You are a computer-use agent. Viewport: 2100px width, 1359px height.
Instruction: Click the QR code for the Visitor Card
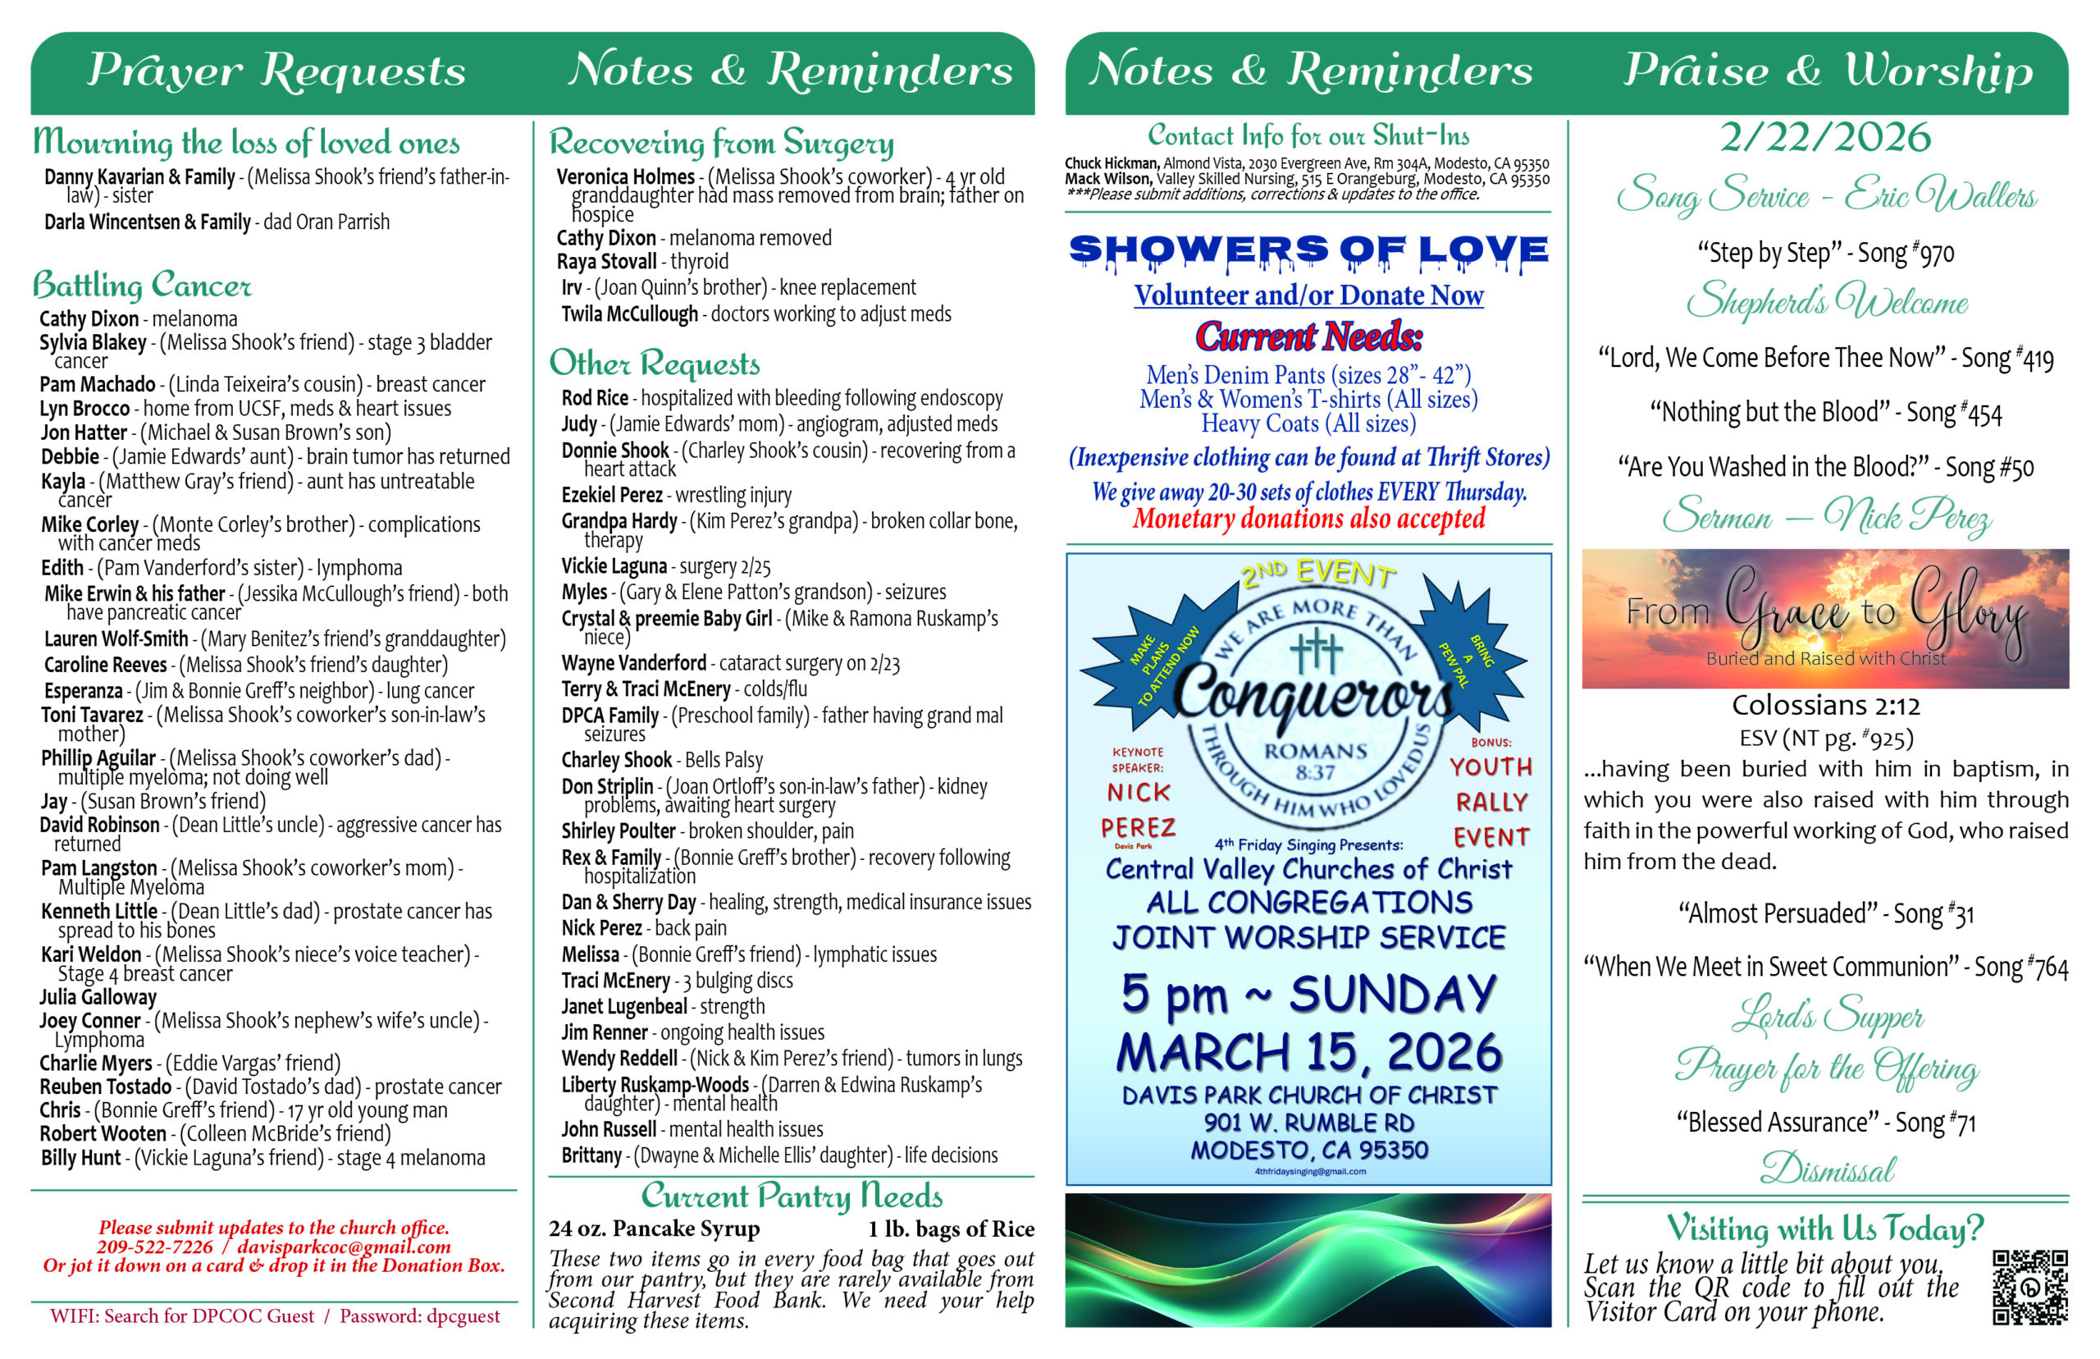pyautogui.click(x=2029, y=1287)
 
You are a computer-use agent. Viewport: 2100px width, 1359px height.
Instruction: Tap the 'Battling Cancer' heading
pyautogui.click(x=142, y=285)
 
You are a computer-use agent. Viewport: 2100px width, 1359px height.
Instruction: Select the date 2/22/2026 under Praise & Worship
pyautogui.click(x=1825, y=138)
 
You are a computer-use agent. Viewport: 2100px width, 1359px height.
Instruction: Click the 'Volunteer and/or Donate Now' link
pyautogui.click(x=1308, y=295)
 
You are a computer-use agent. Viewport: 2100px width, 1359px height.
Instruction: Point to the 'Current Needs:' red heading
pyautogui.click(x=1308, y=336)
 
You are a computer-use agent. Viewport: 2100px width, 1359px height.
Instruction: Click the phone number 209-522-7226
pyautogui.click(x=154, y=1246)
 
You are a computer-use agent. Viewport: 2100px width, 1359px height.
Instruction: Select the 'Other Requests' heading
pyautogui.click(x=654, y=363)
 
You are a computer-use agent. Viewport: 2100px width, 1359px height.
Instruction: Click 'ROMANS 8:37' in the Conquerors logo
pyautogui.click(x=1314, y=762)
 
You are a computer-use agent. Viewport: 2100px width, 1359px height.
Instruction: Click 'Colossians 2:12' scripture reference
pyautogui.click(x=1825, y=705)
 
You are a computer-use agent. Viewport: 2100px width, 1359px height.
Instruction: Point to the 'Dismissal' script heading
pyautogui.click(x=1827, y=1169)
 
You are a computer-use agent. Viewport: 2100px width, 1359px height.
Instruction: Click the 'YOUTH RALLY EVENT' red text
pyautogui.click(x=1491, y=801)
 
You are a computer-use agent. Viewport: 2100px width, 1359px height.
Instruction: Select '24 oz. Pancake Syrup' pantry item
pyautogui.click(x=654, y=1229)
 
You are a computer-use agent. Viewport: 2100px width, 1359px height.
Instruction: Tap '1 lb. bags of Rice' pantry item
pyautogui.click(x=950, y=1229)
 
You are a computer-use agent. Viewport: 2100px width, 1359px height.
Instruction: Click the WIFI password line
pyautogui.click(x=274, y=1316)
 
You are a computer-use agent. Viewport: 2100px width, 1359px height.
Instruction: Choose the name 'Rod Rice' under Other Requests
pyautogui.click(x=595, y=398)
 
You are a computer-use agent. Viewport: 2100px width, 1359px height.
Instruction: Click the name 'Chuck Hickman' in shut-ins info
pyautogui.click(x=1111, y=163)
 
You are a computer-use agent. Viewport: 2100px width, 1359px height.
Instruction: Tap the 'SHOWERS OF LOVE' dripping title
pyautogui.click(x=1308, y=250)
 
